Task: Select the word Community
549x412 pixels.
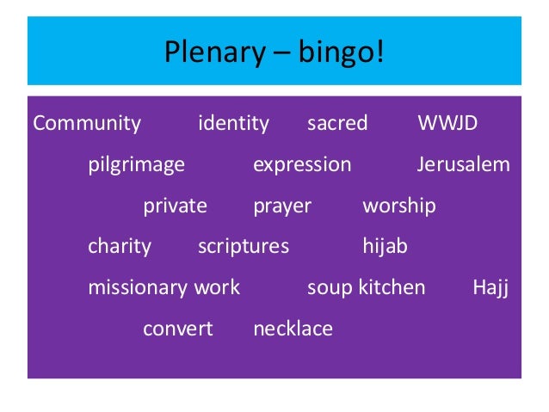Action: coord(87,123)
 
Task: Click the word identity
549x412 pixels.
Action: coord(233,123)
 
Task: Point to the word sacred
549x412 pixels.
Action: coord(337,123)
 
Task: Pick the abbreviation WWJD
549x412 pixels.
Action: coord(447,123)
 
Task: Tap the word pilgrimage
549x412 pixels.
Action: coord(136,164)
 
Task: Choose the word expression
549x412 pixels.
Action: coord(302,164)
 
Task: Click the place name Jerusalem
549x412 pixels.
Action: coord(464,164)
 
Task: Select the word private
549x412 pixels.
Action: coord(175,206)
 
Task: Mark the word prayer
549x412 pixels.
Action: coord(282,206)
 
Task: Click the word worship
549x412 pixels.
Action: coord(399,206)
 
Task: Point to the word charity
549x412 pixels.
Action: coord(120,247)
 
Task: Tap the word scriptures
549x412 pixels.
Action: coord(244,247)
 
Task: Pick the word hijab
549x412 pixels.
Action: coord(385,247)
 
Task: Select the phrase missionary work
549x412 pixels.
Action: coord(163,287)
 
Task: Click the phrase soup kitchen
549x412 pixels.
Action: coord(367,287)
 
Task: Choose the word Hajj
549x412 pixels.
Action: coord(491,287)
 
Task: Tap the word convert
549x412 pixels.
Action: coord(177,329)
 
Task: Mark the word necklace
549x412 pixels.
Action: coord(293,329)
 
